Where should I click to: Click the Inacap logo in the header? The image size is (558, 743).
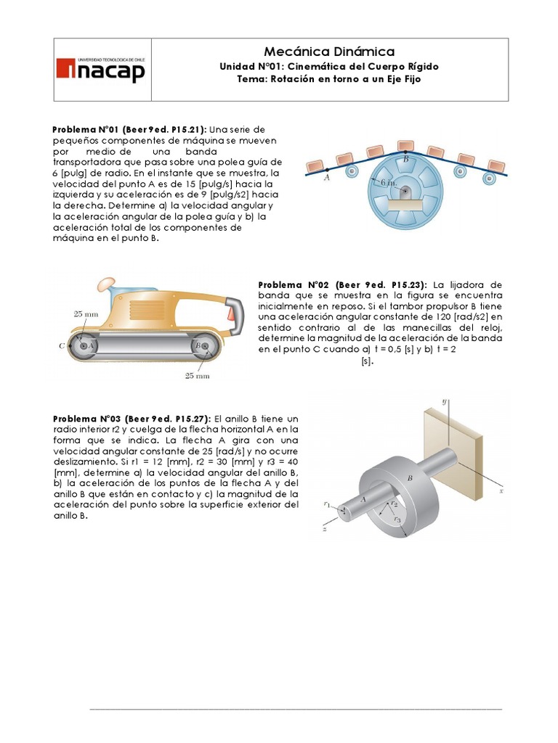pyautogui.click(x=101, y=70)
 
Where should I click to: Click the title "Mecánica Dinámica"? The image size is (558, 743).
pyautogui.click(x=329, y=52)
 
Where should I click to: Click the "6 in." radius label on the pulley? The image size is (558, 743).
pyautogui.click(x=387, y=183)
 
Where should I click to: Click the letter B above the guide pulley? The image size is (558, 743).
pyautogui.click(x=405, y=158)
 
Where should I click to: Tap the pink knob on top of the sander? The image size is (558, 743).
pyautogui.click(x=105, y=282)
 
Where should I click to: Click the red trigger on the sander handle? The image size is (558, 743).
pyautogui.click(x=232, y=313)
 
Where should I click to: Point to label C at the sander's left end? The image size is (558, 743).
pyautogui.click(x=62, y=346)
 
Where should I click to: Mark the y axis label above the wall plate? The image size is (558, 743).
pyautogui.click(x=442, y=400)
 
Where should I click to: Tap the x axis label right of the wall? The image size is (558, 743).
pyautogui.click(x=501, y=491)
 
